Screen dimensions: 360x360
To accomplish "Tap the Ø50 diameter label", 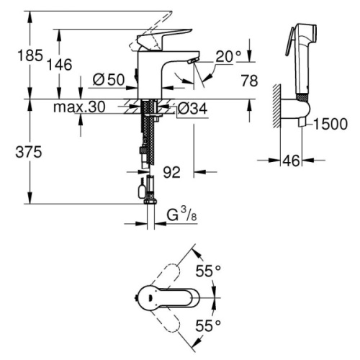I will (109, 80).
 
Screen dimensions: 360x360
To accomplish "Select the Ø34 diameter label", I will (192, 108).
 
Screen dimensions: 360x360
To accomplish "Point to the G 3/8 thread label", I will (178, 215).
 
